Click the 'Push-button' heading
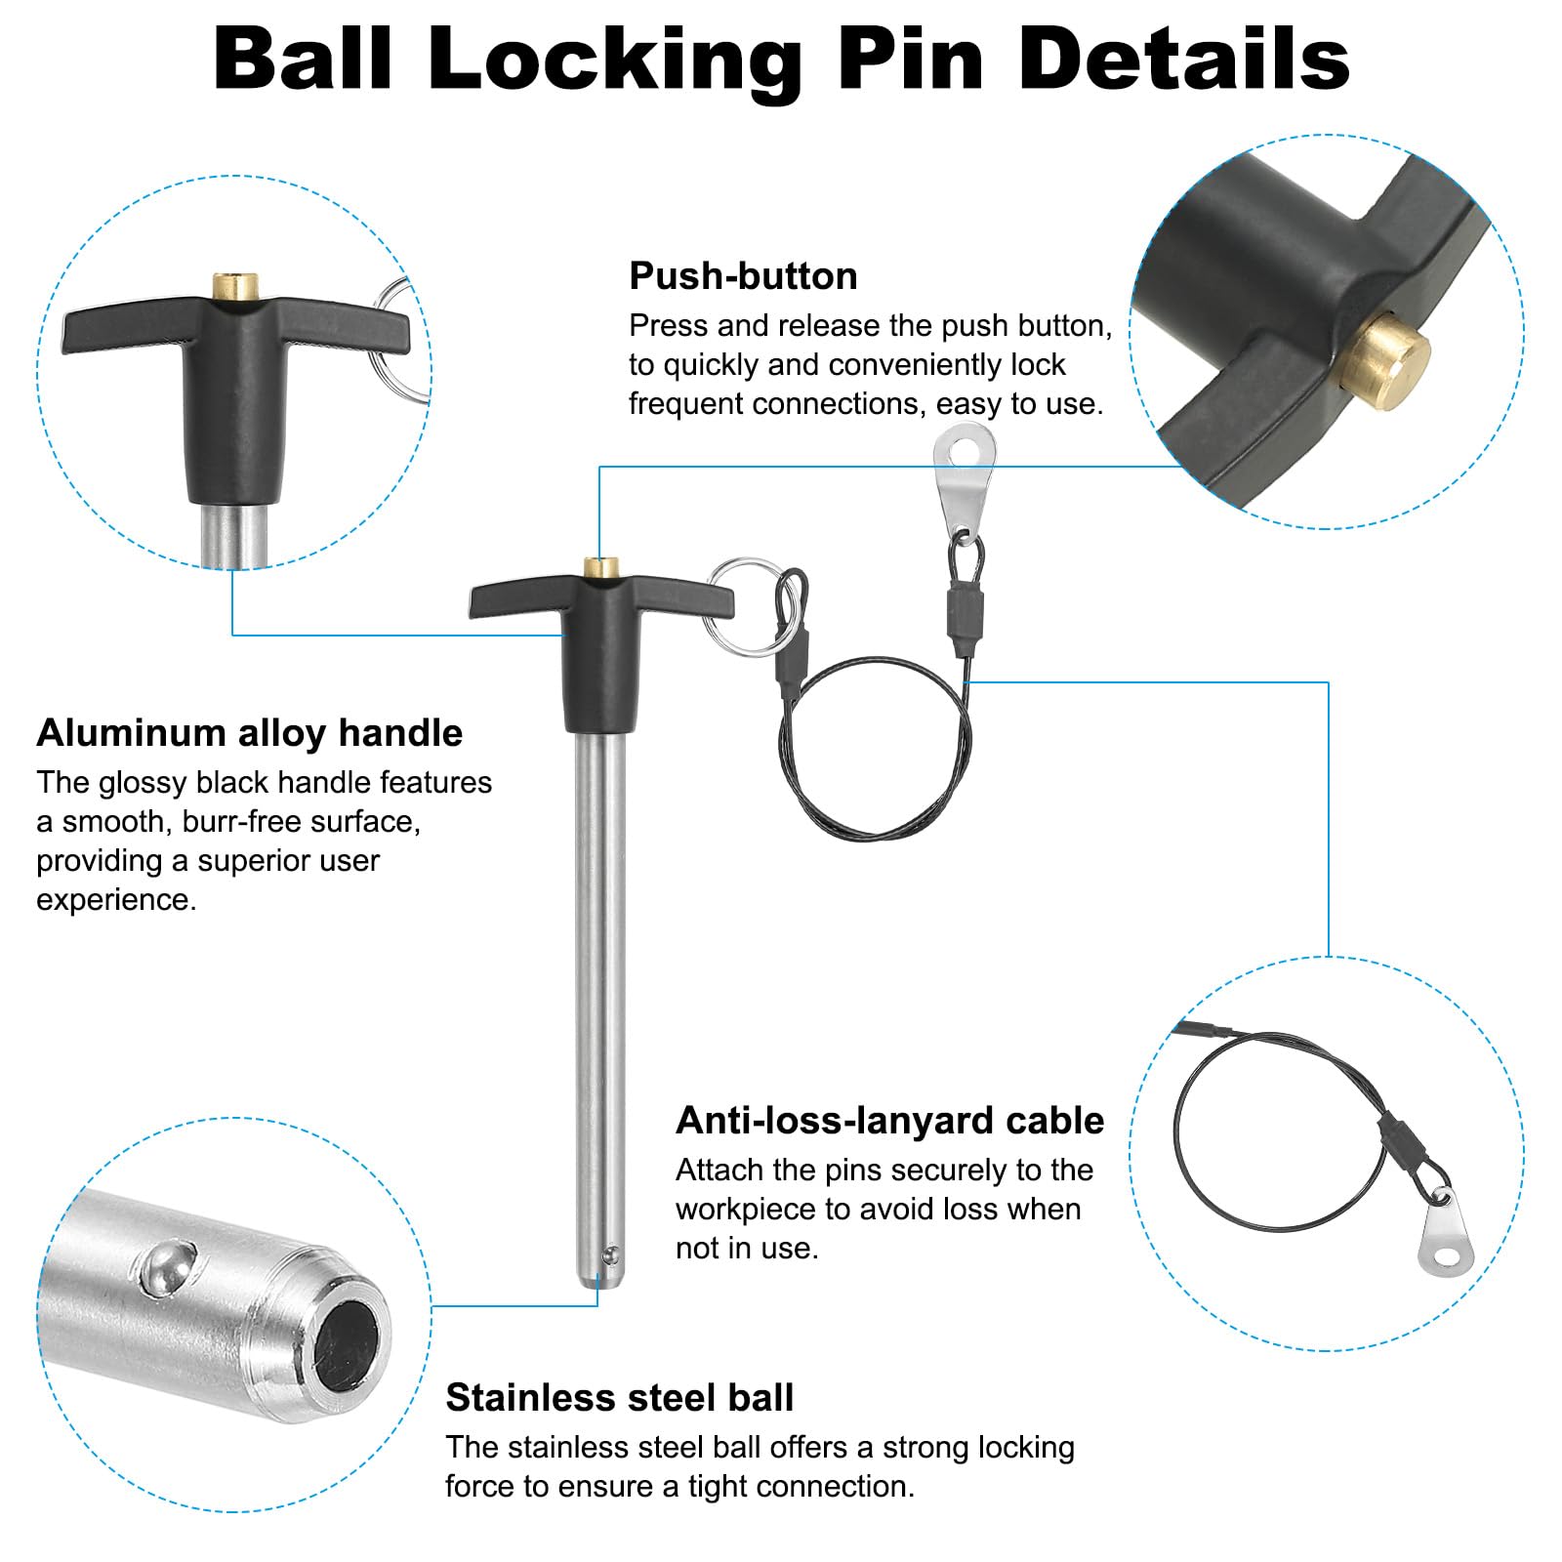pos(743,276)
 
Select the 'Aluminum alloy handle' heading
pos(250,733)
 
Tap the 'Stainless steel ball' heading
pos(620,1398)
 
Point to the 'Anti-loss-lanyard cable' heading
pos(889,1121)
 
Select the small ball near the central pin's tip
pos(611,1252)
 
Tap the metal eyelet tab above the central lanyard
pos(964,479)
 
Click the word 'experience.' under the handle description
pos(116,900)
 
